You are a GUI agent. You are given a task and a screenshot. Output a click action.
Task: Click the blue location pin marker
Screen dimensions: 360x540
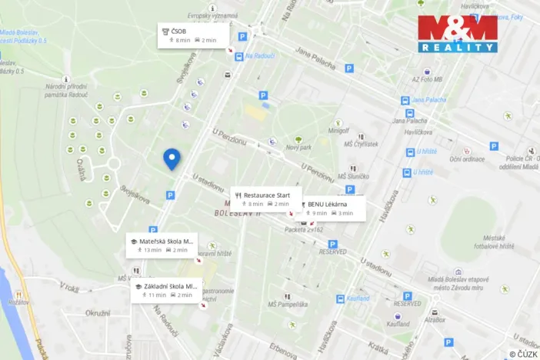[172, 158]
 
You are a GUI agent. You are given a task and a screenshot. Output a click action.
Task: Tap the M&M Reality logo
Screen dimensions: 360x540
[457, 33]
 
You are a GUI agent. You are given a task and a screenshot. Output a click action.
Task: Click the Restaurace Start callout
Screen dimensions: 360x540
[266, 199]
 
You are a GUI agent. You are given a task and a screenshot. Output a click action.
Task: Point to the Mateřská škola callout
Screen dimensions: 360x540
[164, 245]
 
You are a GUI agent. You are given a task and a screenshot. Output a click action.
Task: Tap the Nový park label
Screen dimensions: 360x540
[298, 147]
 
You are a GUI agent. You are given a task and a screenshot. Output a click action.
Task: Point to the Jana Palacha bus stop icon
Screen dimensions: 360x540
[405, 100]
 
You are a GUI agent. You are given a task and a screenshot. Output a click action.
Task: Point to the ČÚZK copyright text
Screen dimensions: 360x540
[523, 353]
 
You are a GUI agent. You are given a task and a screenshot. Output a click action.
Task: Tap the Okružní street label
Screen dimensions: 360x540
[97, 313]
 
